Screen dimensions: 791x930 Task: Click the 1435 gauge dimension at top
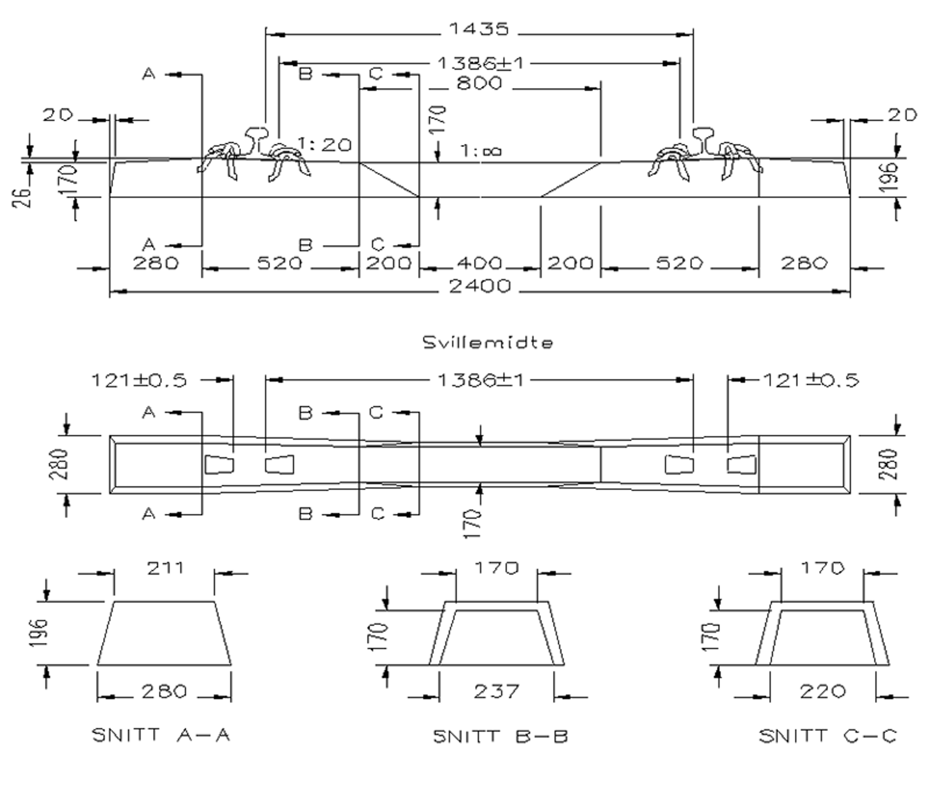[x=479, y=28]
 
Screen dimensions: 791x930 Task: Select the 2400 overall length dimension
[x=480, y=286]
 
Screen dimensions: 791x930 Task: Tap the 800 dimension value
[x=479, y=84]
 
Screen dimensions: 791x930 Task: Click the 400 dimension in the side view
[x=480, y=263]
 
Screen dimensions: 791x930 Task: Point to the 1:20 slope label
[x=325, y=144]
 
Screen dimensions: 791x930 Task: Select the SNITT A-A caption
[x=162, y=735]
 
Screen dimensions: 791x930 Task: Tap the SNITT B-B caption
[x=500, y=736]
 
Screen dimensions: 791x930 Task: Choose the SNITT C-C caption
[x=828, y=736]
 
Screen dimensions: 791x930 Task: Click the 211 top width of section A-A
[x=165, y=568]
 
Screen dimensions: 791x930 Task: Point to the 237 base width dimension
[x=496, y=692]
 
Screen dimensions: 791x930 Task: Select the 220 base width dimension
[x=822, y=692]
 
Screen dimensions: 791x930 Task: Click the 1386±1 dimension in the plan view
[x=480, y=380]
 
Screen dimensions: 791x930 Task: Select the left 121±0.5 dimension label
[x=139, y=381]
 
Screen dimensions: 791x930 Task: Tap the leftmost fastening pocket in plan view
[x=219, y=465]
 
